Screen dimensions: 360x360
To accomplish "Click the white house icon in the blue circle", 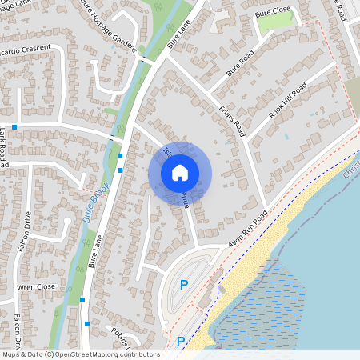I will click(180, 172).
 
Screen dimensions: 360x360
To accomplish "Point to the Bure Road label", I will click(239, 62).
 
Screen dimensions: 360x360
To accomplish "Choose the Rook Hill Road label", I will click(288, 101).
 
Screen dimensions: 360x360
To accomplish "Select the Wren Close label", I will click(37, 286).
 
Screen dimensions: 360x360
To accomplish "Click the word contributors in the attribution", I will click(139, 354).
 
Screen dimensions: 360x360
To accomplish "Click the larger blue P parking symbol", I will click(183, 284).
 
